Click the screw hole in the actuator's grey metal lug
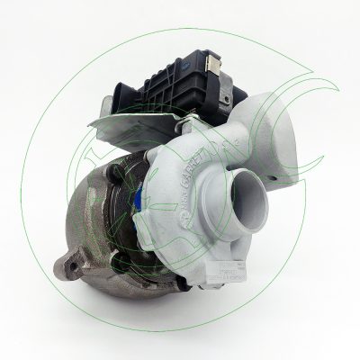pyautogui.click(x=224, y=98)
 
